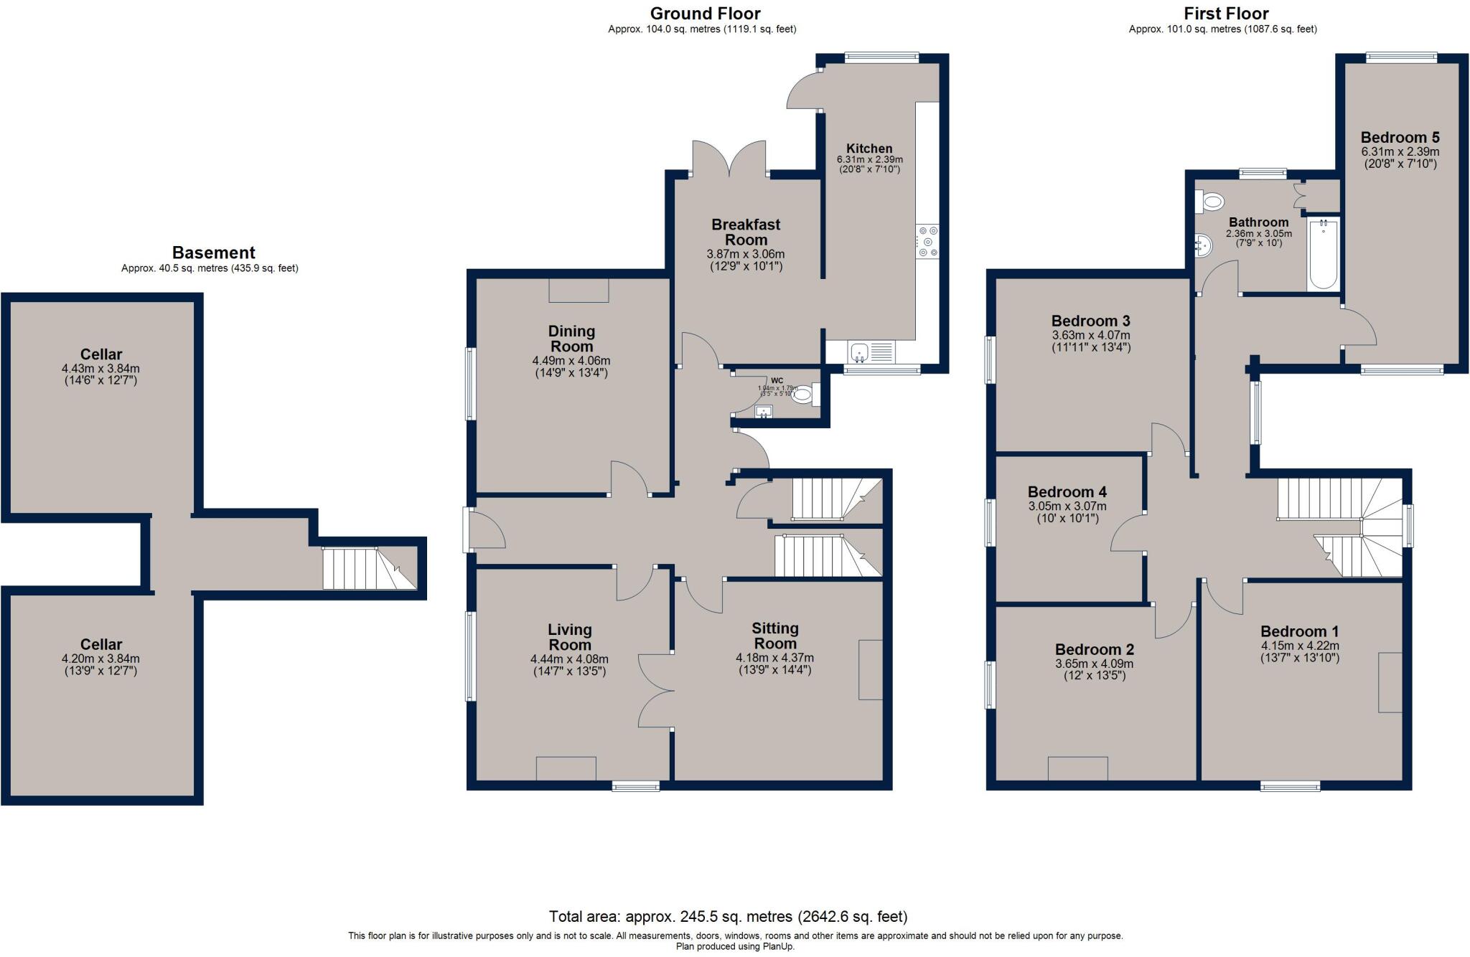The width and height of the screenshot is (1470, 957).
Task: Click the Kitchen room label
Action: click(x=869, y=148)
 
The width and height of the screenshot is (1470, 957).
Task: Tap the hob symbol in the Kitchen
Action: click(x=927, y=241)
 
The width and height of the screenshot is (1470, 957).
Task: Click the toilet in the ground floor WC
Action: click(x=803, y=393)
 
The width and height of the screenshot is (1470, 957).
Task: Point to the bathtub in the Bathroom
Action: click(x=1324, y=254)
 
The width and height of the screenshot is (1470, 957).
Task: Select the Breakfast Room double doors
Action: click(x=729, y=159)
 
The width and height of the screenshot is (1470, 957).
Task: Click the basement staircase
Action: click(x=368, y=568)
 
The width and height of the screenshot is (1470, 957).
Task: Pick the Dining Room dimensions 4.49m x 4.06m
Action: click(x=571, y=360)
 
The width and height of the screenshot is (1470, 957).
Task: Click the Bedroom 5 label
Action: click(x=1400, y=138)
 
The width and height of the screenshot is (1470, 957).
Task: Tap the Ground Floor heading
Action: click(x=705, y=13)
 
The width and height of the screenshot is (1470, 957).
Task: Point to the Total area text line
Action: click(x=728, y=916)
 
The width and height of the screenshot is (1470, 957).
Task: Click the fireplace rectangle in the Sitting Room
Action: click(x=870, y=669)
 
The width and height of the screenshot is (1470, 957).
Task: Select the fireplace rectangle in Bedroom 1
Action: click(x=1390, y=682)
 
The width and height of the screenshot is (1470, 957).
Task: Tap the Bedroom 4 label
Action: click(x=1067, y=492)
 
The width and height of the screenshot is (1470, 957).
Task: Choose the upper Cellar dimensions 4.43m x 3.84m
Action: click(x=100, y=368)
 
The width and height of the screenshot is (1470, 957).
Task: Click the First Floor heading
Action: click(x=1226, y=13)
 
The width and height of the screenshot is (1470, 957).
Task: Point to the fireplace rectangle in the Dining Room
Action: click(x=579, y=291)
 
